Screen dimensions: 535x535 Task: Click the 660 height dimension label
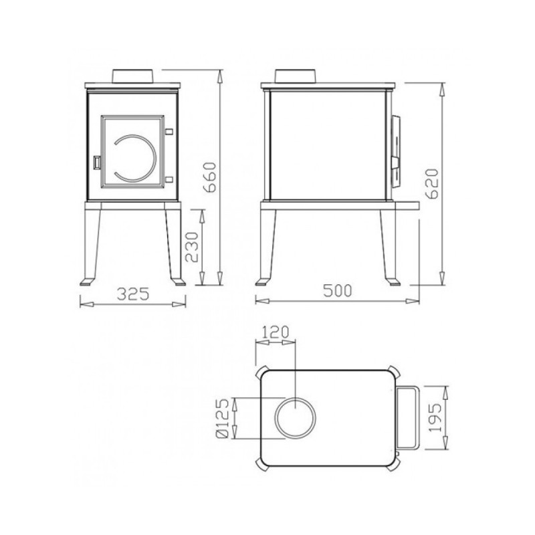209,177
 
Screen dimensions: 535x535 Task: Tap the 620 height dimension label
431,183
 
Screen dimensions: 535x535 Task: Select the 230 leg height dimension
191,247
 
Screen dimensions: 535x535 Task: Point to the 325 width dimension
133,294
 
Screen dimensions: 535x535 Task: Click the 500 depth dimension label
338,291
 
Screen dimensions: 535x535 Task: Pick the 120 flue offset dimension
276,332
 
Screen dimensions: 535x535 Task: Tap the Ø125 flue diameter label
222,419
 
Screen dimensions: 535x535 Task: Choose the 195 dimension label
435,418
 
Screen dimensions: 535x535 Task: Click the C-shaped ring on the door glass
155,158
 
